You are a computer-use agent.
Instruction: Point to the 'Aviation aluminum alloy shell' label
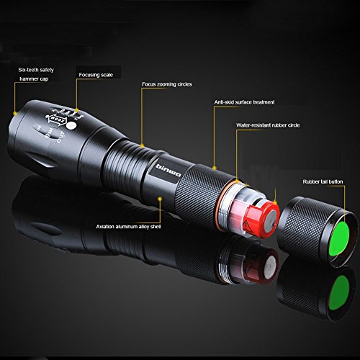click(x=130, y=226)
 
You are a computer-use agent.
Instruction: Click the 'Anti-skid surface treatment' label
click(x=244, y=102)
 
